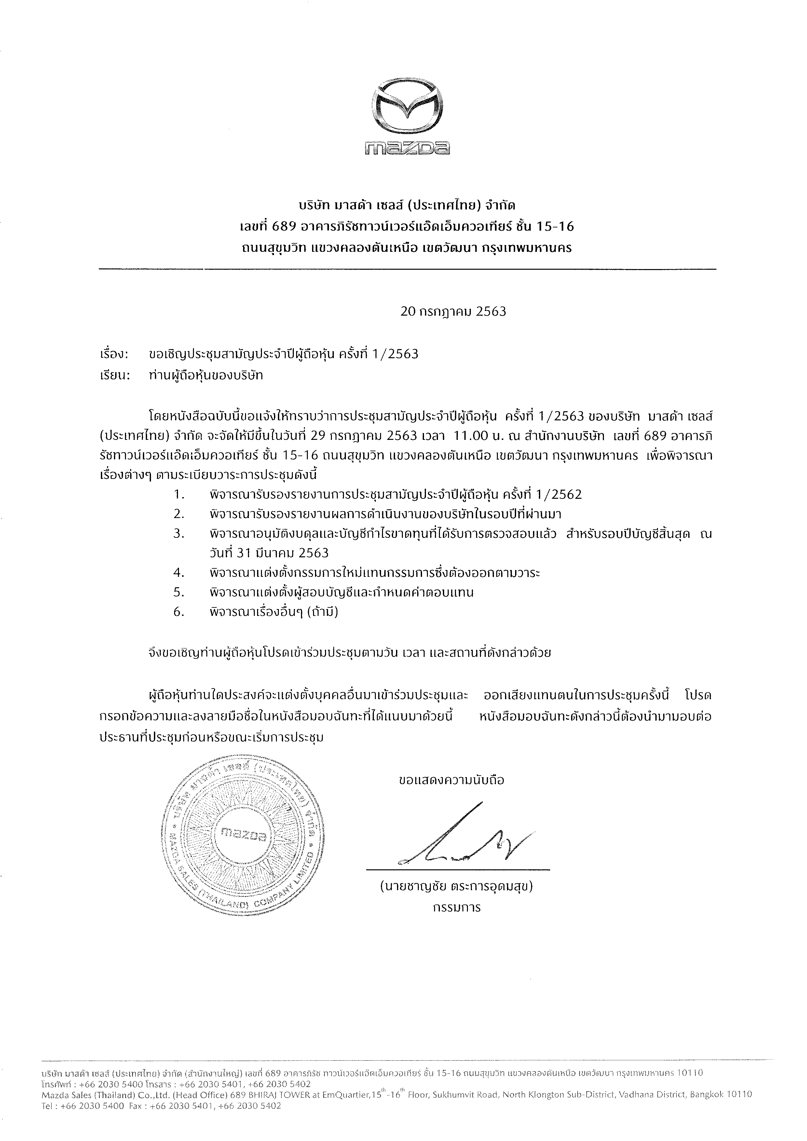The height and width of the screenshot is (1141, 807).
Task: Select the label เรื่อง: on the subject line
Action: (x=114, y=354)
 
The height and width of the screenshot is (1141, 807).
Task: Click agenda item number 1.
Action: (x=179, y=495)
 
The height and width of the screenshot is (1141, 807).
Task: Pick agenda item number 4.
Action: (x=179, y=573)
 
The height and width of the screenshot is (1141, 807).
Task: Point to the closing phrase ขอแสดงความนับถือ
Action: (x=451, y=780)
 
